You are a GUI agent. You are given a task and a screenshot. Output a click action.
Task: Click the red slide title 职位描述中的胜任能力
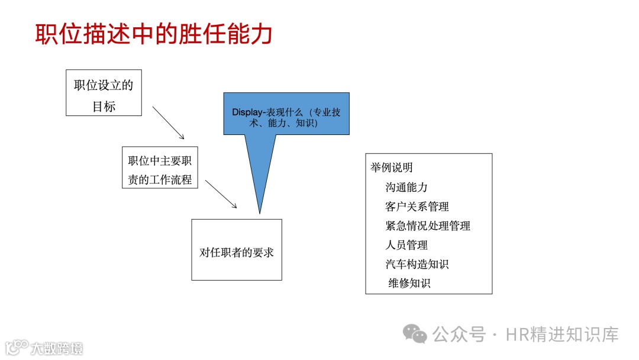coord(154,34)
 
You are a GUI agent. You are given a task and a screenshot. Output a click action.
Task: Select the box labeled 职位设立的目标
coord(104,93)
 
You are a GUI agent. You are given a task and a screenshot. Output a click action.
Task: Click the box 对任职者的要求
coord(237,250)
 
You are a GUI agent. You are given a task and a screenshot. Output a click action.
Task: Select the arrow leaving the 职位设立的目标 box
coord(169,123)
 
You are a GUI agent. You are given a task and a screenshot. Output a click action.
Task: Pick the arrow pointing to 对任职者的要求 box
coord(221,194)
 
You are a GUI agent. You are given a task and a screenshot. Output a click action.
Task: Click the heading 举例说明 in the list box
coord(392,168)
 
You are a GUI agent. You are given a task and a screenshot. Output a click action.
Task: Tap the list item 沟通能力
coord(406,187)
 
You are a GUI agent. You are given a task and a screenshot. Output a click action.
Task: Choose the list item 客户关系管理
coord(417,207)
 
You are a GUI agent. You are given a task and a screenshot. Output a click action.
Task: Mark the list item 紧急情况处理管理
coord(427,226)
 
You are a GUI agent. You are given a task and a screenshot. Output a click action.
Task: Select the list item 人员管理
coord(406,245)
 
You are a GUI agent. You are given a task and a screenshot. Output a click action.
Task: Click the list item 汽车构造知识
coord(417,264)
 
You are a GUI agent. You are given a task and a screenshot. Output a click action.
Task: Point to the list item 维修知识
coord(409,283)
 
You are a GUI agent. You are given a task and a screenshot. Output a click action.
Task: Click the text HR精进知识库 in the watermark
coord(562,335)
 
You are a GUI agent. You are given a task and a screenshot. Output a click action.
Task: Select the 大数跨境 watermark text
coord(57,348)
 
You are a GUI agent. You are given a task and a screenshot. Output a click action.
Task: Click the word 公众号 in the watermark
coord(459,335)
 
